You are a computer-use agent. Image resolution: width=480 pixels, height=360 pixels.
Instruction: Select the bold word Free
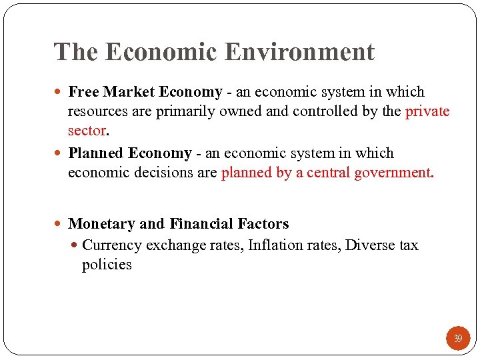83,92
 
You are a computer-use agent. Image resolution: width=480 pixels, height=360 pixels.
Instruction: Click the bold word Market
127,92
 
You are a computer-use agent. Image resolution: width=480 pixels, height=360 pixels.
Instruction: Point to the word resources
97,111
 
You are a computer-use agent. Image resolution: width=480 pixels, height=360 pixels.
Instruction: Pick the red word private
427,111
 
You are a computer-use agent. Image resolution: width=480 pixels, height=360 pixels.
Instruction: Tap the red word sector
87,130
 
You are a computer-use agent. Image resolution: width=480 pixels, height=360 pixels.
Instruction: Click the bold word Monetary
100,224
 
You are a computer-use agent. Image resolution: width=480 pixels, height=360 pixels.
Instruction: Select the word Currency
112,245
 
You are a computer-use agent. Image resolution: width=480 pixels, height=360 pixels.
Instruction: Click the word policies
107,265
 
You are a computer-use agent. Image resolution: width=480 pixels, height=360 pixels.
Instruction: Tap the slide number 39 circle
458,339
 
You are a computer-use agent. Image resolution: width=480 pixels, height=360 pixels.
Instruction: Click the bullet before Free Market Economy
61,92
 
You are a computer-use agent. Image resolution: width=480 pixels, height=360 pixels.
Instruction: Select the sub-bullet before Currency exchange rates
75,245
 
